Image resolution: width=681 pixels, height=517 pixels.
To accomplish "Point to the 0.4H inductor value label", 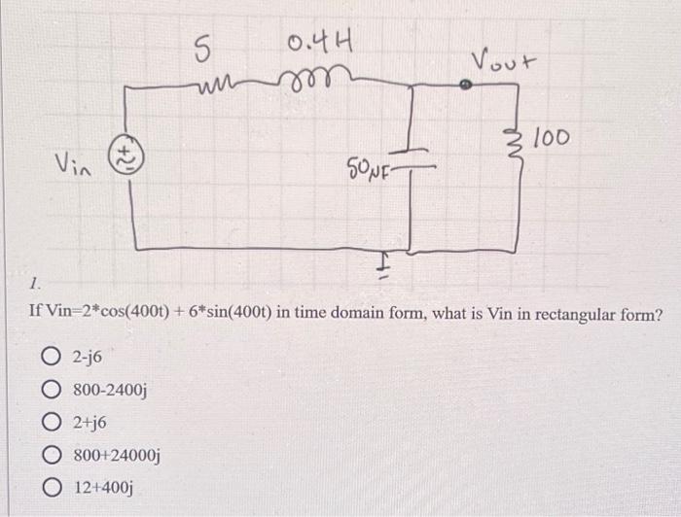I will [x=320, y=45].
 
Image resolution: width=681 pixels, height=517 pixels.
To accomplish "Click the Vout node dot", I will [x=466, y=86].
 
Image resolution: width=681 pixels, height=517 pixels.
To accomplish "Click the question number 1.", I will [x=35, y=285].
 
